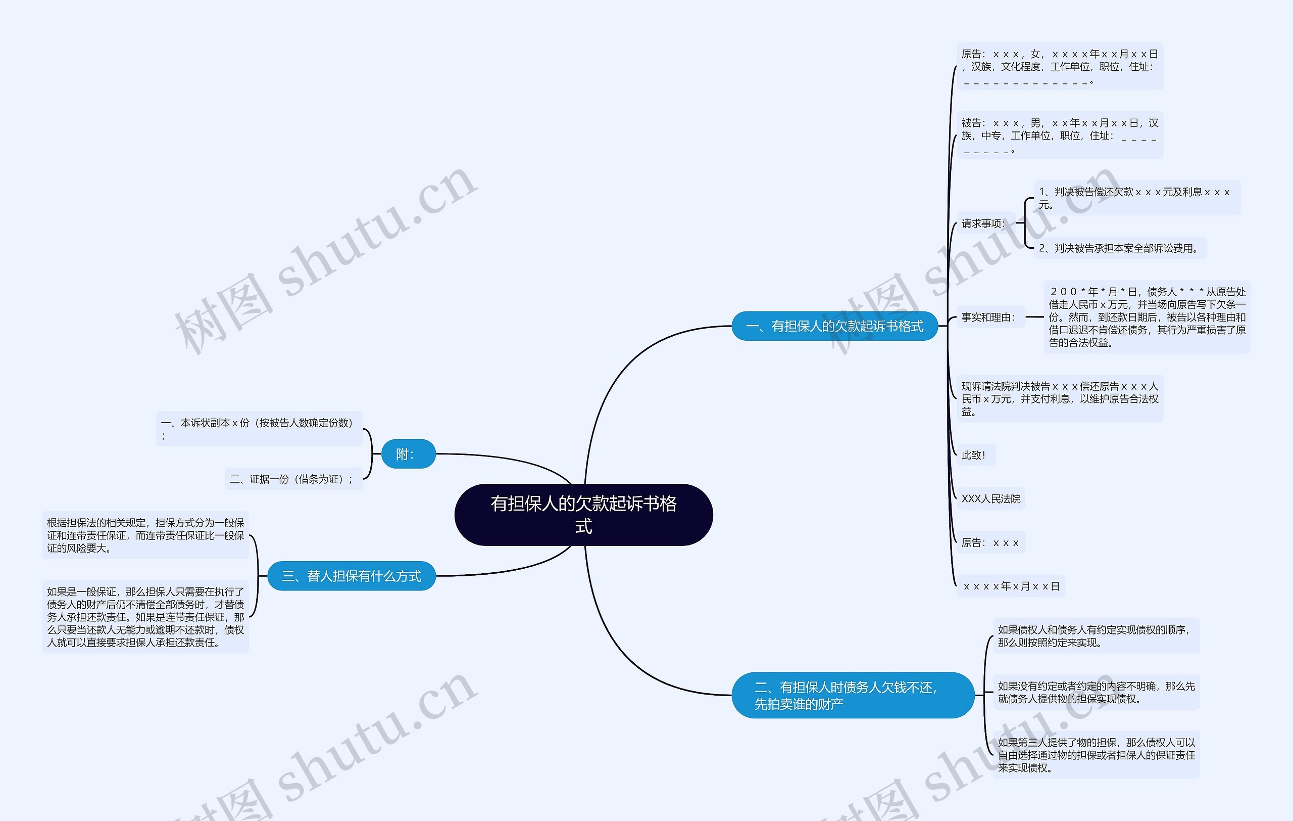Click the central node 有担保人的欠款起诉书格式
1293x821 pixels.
coord(584,515)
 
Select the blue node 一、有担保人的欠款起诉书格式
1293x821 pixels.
coord(834,326)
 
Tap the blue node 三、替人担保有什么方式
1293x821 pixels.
coord(352,576)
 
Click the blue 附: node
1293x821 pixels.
coord(408,454)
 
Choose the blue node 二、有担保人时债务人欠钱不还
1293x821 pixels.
coord(853,695)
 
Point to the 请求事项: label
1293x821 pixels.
coord(984,223)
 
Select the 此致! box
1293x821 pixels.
coord(976,455)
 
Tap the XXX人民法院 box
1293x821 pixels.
coord(990,498)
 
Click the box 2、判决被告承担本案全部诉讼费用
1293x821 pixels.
coord(1120,248)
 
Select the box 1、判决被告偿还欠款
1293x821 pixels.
coord(1137,198)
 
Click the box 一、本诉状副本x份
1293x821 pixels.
coord(259,429)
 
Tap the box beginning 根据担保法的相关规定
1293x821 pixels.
coord(145,535)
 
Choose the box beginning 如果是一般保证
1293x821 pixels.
coord(145,617)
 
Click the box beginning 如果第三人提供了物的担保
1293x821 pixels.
coord(1097,755)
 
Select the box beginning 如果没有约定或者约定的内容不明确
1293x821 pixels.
coord(1097,692)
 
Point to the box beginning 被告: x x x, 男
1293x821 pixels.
coord(1060,135)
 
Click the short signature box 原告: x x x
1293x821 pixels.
coord(990,542)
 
